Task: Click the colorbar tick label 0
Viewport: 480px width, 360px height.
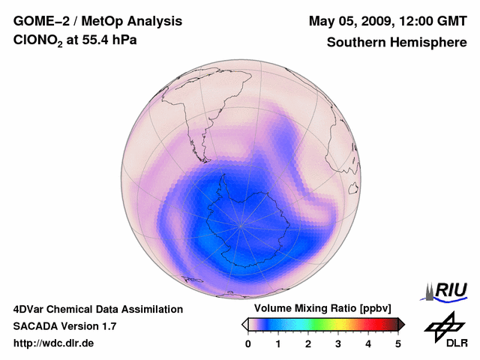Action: coord(248,343)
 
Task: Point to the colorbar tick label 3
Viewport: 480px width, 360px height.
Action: coord(338,343)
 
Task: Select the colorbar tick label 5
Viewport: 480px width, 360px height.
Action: coord(398,343)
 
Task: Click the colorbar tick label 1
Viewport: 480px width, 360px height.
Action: coord(278,343)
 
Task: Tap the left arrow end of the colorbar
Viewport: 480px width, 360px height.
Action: coord(244,324)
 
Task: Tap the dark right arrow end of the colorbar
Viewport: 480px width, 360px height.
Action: coord(401,324)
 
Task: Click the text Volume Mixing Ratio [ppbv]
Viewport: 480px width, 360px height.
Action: coord(319,308)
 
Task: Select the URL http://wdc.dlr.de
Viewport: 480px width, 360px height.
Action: coord(54,343)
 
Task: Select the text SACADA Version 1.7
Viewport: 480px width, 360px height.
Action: coord(64,326)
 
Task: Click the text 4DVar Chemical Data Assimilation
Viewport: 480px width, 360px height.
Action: coord(97,309)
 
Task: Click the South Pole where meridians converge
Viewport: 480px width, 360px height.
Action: coord(241,225)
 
